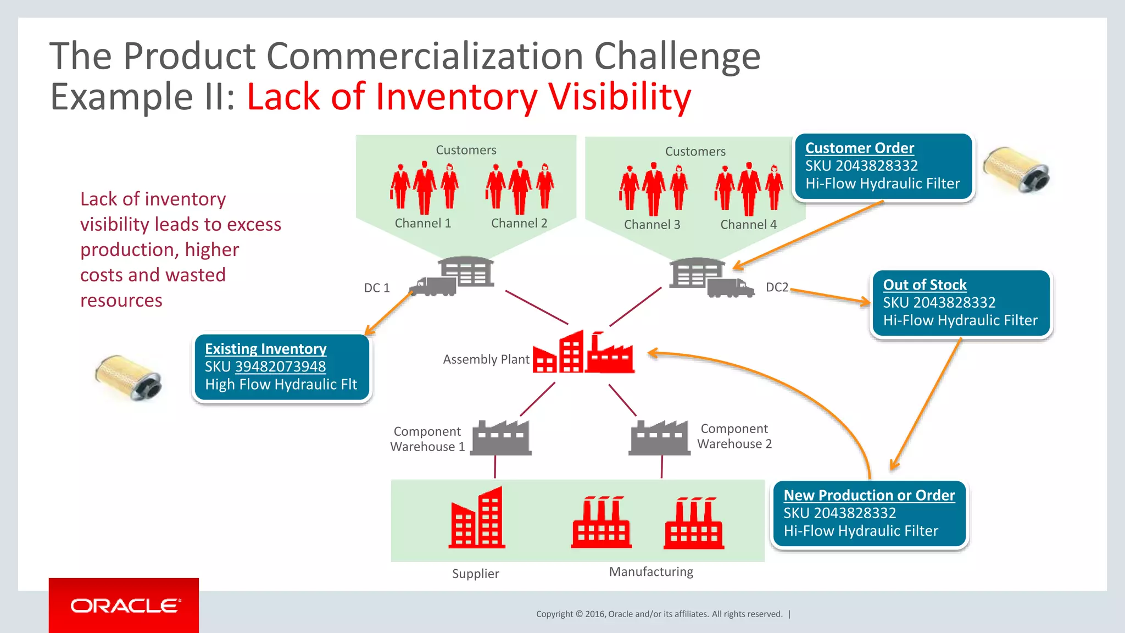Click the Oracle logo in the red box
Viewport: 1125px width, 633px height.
click(125, 606)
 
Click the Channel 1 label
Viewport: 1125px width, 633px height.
click(422, 223)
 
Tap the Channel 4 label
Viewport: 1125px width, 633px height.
click(748, 224)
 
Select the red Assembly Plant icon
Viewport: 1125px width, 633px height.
click(583, 353)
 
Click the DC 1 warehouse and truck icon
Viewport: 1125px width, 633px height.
click(453, 276)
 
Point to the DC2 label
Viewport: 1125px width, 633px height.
click(777, 287)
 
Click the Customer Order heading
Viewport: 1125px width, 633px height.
click(859, 148)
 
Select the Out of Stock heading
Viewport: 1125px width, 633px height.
click(924, 285)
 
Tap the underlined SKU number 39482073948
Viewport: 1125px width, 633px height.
click(280, 367)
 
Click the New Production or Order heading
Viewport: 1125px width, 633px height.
click(869, 495)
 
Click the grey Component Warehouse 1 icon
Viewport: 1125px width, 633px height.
click(502, 438)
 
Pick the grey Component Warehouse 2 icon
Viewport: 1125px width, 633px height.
click(659, 438)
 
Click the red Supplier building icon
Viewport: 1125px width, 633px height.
click(477, 518)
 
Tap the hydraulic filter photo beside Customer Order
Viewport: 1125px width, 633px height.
click(1016, 170)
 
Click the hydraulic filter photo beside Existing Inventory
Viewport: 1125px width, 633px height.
click(128, 377)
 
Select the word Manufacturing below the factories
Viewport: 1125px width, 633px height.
click(651, 571)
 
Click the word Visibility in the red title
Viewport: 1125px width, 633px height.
click(619, 97)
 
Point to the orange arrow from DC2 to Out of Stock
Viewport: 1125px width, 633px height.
click(830, 296)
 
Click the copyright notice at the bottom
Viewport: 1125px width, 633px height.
click(659, 614)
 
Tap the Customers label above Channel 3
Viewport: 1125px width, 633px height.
click(695, 151)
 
